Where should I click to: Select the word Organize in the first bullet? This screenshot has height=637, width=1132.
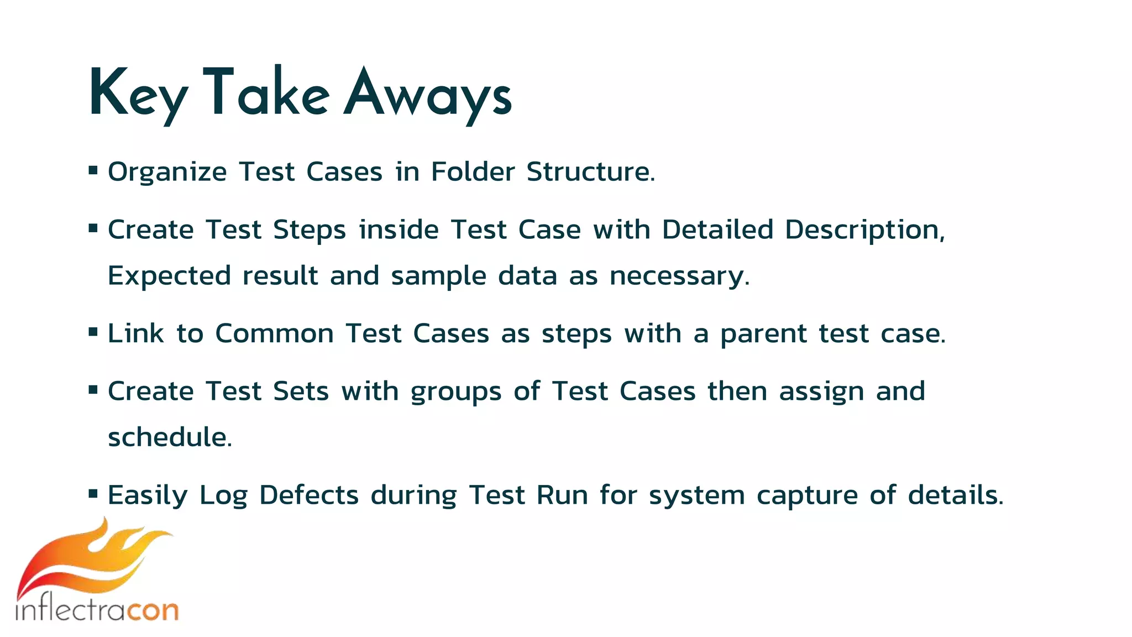[x=167, y=172]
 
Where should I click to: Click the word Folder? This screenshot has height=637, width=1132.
[x=473, y=172]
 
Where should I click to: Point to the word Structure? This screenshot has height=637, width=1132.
[x=590, y=172]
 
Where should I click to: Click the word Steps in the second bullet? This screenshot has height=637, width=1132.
[x=309, y=230]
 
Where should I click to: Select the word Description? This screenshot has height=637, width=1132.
[x=864, y=230]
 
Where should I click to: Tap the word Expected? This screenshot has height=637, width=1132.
[x=169, y=276]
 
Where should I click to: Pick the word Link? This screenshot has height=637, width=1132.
[x=135, y=333]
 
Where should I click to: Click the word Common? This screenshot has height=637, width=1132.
[x=274, y=333]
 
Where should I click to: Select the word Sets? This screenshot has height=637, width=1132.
[x=301, y=391]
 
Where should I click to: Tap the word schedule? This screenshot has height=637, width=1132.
[x=169, y=437]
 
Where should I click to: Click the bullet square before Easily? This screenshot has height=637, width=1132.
[x=93, y=493]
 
